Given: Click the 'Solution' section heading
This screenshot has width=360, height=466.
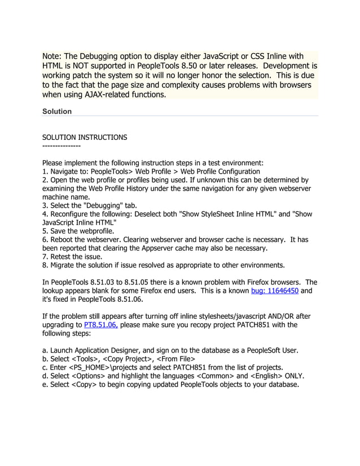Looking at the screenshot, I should coord(57,112).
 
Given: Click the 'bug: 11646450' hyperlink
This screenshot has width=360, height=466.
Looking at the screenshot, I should coord(274,291).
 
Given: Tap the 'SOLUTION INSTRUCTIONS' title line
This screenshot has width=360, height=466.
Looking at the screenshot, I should coord(85,137).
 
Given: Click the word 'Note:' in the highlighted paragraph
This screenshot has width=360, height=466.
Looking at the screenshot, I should coord(52,56).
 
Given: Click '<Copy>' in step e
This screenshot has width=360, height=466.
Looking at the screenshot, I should coord(85,385).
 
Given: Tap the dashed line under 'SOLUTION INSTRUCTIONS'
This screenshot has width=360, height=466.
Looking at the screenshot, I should coord(62,146).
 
